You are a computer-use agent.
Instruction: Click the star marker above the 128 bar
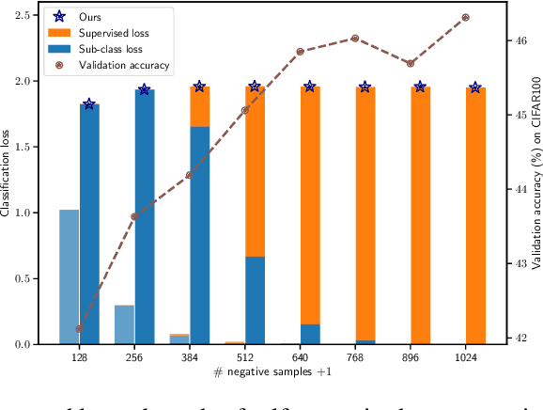[x=88, y=103]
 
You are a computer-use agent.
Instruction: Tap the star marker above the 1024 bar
[x=475, y=87]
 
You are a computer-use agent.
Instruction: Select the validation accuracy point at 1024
[x=466, y=18]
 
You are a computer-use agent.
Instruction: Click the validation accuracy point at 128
[x=79, y=328]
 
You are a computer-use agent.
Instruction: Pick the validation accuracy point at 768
[x=355, y=39]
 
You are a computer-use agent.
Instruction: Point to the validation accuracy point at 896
[x=411, y=63]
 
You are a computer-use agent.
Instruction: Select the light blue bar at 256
[x=124, y=324]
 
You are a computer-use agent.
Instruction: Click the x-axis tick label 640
[x=300, y=357]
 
